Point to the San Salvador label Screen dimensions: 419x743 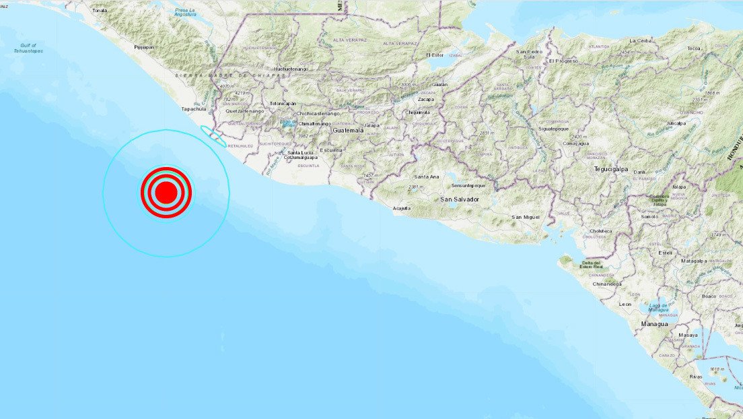(x=460, y=199)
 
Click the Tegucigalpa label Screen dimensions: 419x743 (x=610, y=169)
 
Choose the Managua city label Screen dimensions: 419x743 (x=654, y=323)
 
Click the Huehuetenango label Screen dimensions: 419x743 (x=291, y=69)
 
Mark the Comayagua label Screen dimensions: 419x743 (x=576, y=143)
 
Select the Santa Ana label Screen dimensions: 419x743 (x=425, y=176)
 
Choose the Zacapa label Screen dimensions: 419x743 (x=425, y=98)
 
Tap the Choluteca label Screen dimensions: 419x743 (x=601, y=230)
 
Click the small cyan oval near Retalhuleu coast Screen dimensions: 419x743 (x=216, y=135)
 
